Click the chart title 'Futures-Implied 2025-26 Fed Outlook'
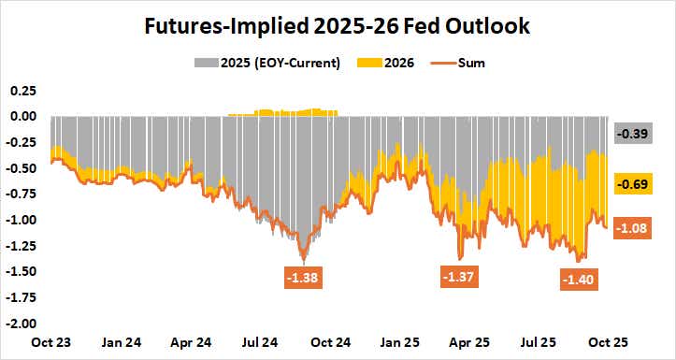click(338, 25)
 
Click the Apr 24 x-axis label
click(193, 342)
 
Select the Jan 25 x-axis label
click(402, 342)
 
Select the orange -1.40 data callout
click(580, 279)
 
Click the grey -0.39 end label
click(635, 134)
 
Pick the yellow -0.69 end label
click(635, 184)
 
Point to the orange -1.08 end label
click(635, 227)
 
